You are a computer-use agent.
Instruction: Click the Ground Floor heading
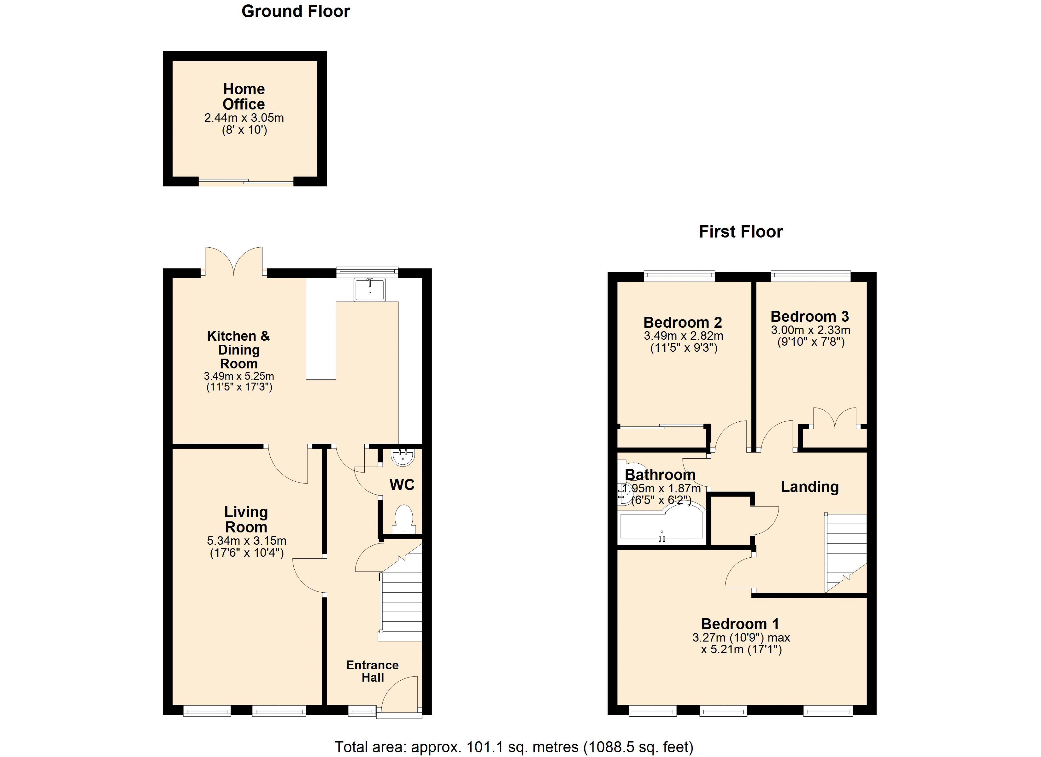coord(296,11)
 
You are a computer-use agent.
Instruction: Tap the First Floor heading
coord(740,232)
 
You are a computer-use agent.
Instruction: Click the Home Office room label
coord(244,97)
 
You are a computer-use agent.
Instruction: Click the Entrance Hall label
coord(372,671)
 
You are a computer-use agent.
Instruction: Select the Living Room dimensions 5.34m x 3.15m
coord(246,541)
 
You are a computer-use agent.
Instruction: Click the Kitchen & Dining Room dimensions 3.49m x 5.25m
coord(239,376)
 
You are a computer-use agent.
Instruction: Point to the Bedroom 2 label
coord(683,322)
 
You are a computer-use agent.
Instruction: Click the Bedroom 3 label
coord(810,316)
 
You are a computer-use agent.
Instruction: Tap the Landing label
coord(810,487)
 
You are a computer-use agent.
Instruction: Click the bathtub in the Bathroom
coord(662,524)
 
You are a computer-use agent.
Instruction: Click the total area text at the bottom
coord(514,747)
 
